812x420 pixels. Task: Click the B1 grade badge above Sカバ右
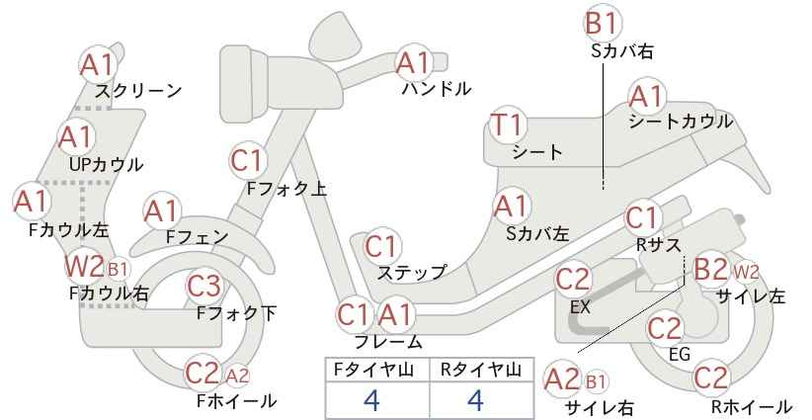tap(603, 24)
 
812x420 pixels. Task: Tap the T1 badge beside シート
tap(508, 126)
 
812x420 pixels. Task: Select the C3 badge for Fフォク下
tap(204, 286)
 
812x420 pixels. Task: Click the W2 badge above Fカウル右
tap(84, 267)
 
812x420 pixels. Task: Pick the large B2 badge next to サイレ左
tap(711, 270)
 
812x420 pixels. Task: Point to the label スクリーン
tap(138, 91)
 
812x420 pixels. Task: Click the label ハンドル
tap(437, 89)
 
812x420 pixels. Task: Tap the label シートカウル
tap(681, 122)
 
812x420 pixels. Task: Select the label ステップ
tap(412, 273)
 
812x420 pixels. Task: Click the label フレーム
tap(388, 342)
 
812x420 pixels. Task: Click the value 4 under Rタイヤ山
tap(475, 400)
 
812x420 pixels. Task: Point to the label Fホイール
tap(236, 400)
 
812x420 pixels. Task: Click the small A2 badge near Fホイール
tap(238, 376)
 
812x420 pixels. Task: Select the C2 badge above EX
tap(573, 279)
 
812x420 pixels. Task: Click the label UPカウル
tap(106, 165)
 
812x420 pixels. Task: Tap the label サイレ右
tap(599, 407)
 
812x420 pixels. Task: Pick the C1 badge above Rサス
tap(641, 218)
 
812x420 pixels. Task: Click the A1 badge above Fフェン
tap(162, 212)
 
